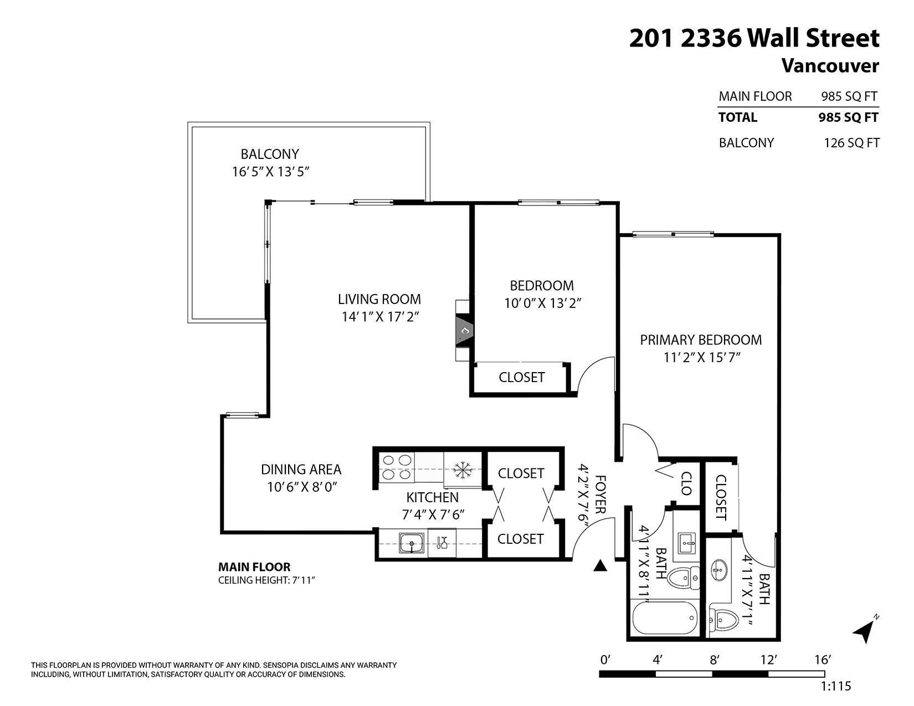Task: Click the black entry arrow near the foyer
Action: (x=600, y=566)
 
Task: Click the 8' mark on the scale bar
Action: (x=714, y=659)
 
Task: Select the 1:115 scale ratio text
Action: (x=835, y=686)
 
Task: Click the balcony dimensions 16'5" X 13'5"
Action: (x=270, y=172)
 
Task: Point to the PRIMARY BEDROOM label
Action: (x=701, y=340)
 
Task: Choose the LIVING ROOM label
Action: (x=379, y=300)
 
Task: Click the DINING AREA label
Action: (x=301, y=470)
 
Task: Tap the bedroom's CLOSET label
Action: (x=521, y=377)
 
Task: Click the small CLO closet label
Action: (x=686, y=483)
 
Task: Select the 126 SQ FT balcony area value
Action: (x=851, y=143)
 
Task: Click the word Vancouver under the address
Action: (x=830, y=66)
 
